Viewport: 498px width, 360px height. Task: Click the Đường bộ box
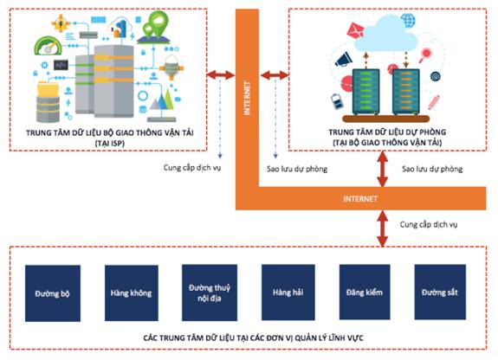53,293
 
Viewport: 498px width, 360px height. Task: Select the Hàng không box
132,292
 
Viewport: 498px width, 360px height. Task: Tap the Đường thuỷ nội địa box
210,292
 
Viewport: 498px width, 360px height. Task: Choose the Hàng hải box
288,292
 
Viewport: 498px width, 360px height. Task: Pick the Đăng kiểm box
365,292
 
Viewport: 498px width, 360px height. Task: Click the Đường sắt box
440,292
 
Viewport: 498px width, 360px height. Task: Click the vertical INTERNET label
247,98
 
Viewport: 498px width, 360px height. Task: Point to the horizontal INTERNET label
360,199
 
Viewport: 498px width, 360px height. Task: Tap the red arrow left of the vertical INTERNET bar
221,75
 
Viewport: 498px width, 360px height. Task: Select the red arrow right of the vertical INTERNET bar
275,75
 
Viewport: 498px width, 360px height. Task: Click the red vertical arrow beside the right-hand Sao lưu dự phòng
383,169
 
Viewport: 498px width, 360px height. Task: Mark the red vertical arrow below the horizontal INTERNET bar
383,228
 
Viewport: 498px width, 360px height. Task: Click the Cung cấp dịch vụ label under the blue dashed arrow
192,168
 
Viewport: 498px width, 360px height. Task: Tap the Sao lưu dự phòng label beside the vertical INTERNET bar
297,169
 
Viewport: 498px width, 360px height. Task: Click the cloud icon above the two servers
385,34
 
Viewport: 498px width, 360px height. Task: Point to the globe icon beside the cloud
408,20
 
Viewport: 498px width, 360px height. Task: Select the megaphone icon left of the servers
343,59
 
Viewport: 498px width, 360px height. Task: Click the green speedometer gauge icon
49,45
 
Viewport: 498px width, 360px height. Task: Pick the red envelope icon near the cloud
355,31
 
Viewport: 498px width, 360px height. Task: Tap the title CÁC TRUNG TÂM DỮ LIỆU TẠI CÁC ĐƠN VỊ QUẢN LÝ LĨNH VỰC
253,337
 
